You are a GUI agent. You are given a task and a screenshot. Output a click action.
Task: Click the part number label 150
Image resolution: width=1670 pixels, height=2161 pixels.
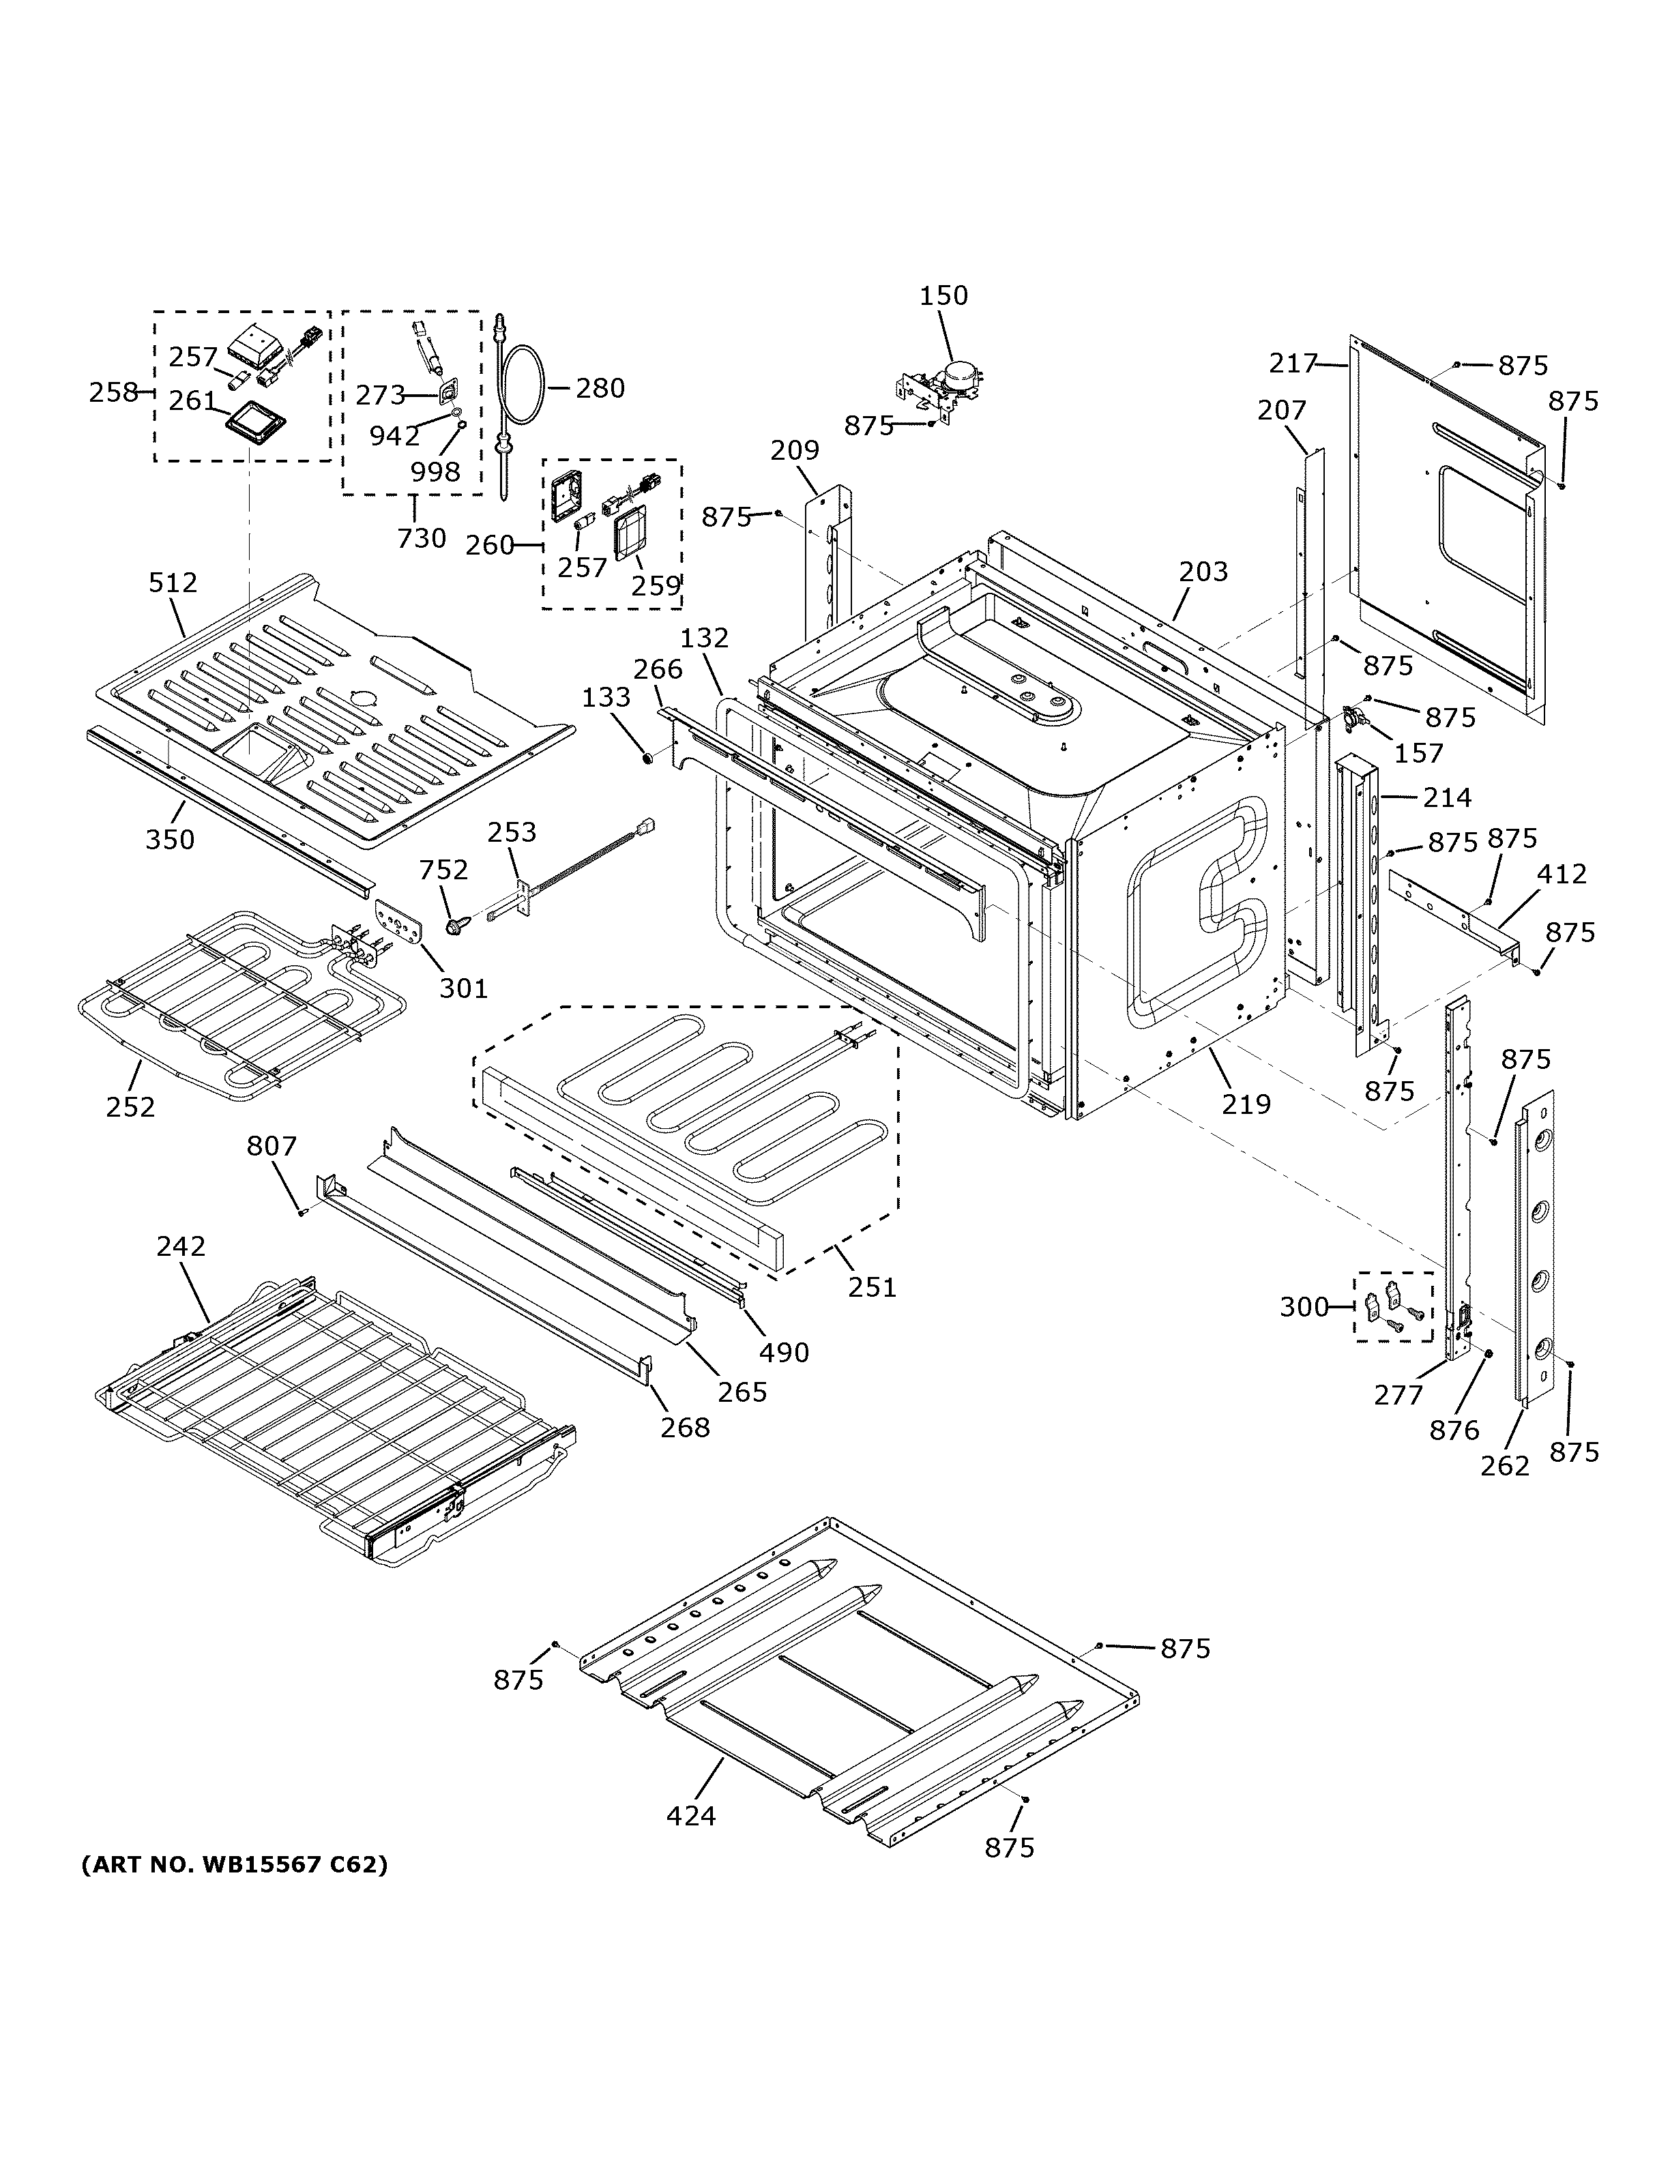coord(944,296)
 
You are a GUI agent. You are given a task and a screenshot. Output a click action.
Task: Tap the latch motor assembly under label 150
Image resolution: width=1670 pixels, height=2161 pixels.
coord(945,387)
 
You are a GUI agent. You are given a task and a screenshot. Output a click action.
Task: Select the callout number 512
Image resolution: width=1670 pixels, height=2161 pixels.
coord(173,583)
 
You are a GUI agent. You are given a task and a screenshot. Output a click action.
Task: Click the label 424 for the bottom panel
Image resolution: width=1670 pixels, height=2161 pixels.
coord(690,1816)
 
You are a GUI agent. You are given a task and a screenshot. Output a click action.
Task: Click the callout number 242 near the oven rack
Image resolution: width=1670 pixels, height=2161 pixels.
coord(180,1246)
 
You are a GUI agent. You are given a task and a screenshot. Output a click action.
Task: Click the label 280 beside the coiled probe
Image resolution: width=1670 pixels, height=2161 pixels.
coord(600,388)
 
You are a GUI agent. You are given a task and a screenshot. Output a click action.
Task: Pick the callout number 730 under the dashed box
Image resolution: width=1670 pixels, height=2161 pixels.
coord(422,538)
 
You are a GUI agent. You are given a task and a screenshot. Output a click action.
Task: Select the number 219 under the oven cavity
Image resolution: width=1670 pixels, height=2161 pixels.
coord(1246,1103)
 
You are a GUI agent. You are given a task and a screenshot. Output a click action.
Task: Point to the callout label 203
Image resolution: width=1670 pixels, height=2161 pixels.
coord(1203,571)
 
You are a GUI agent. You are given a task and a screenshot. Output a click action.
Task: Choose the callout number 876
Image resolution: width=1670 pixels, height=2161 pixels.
coord(1453,1429)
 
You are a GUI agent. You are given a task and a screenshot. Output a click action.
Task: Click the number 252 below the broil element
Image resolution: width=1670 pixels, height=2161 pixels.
coord(130,1106)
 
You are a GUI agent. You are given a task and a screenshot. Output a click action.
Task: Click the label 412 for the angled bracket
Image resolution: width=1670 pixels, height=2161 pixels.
coord(1561,874)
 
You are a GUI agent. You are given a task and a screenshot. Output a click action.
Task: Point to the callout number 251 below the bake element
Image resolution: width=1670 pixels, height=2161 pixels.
coord(872,1287)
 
